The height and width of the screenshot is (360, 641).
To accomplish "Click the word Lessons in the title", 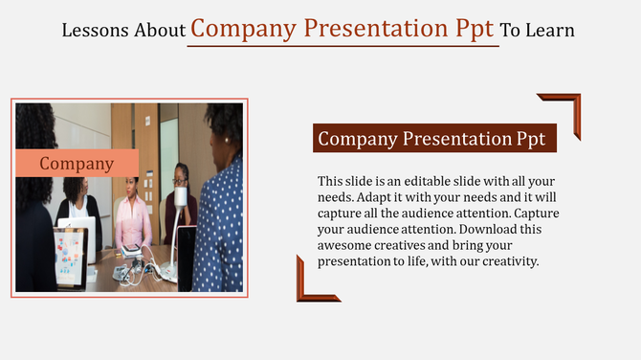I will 92,30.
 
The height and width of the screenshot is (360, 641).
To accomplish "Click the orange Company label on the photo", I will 77,164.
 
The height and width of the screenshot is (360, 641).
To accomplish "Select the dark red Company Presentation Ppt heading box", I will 434,139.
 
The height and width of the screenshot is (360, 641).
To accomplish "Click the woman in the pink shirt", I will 132,215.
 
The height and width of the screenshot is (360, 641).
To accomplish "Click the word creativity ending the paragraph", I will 508,260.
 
